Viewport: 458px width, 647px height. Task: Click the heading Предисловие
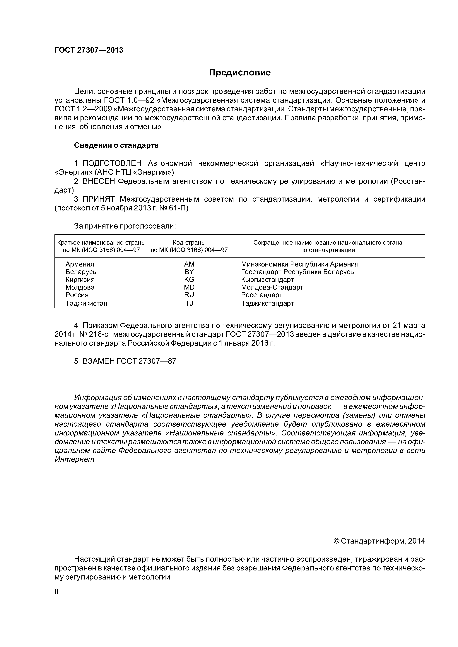point(240,73)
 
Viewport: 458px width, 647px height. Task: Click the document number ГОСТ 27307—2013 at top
point(89,50)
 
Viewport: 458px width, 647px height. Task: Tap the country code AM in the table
point(189,264)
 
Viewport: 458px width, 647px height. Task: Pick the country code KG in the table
point(189,280)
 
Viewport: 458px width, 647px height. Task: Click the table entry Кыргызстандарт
point(267,280)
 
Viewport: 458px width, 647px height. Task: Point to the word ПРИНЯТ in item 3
point(99,200)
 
